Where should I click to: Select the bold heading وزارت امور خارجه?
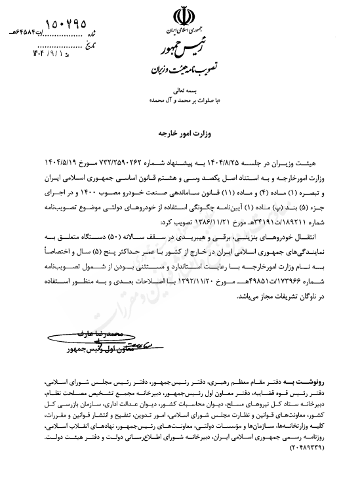coord(180,132)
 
